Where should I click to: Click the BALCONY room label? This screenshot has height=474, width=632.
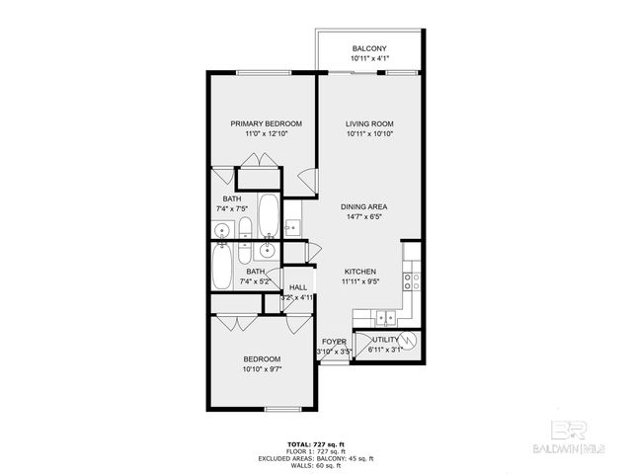coord(370,49)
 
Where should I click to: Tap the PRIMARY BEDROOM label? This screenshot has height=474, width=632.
coord(266,123)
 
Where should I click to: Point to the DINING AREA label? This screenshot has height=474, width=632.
coord(362,206)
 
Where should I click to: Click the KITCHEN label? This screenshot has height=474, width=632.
coord(360,271)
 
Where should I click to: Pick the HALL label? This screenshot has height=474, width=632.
coord(298,287)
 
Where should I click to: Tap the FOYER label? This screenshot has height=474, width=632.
coord(334,341)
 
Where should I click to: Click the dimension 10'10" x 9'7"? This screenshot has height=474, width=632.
coord(262,368)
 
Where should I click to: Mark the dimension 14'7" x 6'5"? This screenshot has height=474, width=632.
coord(362,216)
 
